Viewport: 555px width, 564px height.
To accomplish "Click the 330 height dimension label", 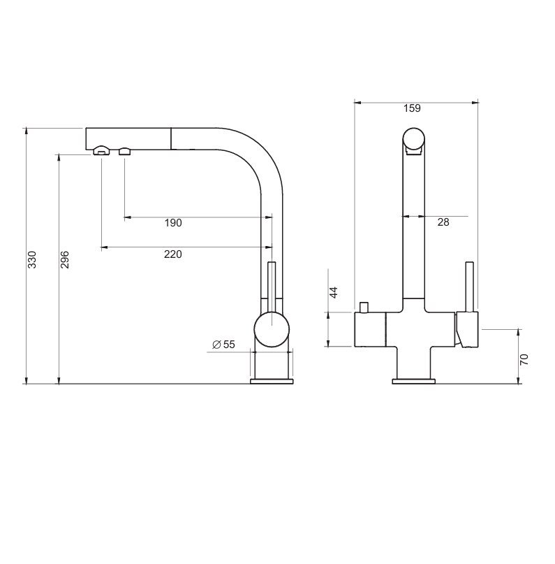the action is (x=32, y=259).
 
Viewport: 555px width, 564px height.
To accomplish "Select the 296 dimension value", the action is (x=65, y=259).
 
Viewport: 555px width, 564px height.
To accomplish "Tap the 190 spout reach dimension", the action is (x=173, y=223).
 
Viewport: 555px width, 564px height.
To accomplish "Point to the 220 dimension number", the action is (x=173, y=254).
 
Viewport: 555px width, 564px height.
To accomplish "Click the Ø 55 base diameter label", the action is (x=223, y=345).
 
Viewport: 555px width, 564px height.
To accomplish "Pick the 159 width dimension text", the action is (x=412, y=108).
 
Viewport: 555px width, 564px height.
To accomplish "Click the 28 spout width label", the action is (x=443, y=222).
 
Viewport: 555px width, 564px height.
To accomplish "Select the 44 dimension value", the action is (x=334, y=292).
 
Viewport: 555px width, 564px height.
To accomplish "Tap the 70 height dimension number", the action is (x=524, y=359).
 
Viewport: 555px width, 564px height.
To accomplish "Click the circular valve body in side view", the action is (x=272, y=329).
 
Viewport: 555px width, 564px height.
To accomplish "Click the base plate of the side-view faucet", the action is (x=272, y=381).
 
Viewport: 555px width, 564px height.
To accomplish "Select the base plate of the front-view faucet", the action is (x=414, y=382).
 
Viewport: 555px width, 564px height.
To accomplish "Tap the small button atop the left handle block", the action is (x=364, y=308).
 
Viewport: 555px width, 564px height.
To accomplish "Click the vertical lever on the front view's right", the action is (x=470, y=287).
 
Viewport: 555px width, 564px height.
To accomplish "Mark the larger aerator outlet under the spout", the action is (x=102, y=151).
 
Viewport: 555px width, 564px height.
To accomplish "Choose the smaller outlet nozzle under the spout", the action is (x=125, y=152).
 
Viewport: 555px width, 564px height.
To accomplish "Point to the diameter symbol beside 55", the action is (x=216, y=345).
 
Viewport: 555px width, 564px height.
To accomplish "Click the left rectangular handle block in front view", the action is (x=370, y=329).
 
